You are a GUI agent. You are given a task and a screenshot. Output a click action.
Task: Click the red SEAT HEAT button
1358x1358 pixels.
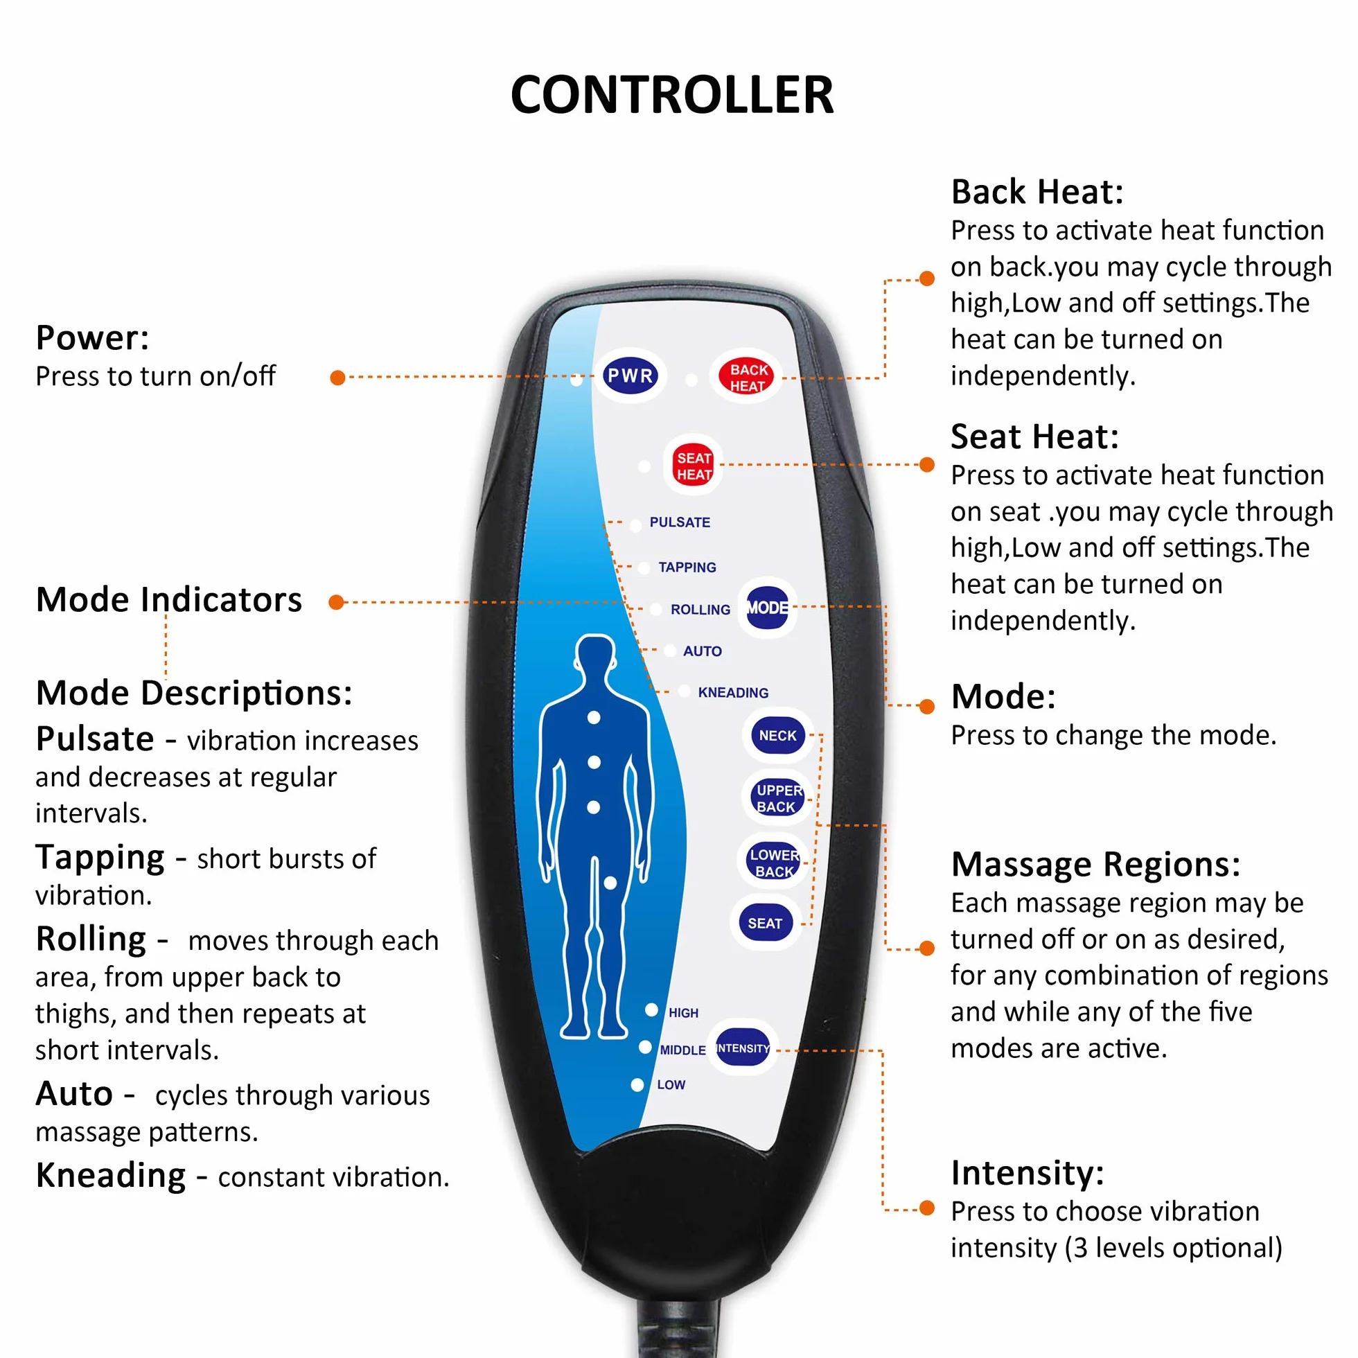(694, 466)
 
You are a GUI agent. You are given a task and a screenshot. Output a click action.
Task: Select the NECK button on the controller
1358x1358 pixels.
(777, 735)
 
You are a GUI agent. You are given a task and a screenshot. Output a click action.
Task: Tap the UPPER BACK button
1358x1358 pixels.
(777, 797)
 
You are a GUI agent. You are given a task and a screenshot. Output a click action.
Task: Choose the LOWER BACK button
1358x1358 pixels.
(773, 862)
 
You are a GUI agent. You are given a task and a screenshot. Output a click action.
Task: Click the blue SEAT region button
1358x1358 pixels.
(766, 923)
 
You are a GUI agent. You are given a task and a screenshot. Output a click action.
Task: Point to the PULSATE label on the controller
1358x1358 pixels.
(680, 522)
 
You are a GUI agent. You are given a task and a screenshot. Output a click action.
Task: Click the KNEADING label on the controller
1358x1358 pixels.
(733, 692)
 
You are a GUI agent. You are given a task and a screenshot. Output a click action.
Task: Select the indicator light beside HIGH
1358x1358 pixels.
(651, 1010)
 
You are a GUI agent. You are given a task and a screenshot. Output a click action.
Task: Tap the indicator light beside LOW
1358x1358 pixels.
(637, 1084)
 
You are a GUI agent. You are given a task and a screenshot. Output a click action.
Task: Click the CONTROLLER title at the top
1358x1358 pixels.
(672, 95)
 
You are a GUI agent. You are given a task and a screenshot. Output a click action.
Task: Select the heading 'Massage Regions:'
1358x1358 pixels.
(1096, 865)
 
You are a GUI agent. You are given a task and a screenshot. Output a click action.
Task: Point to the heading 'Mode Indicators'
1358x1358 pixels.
(168, 599)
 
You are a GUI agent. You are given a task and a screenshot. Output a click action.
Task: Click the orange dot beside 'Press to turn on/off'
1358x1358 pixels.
(337, 378)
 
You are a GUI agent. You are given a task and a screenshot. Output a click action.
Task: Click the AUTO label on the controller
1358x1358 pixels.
(702, 651)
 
